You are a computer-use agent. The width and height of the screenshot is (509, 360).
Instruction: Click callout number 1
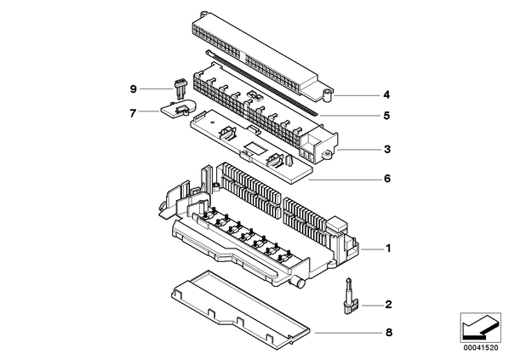point(388,249)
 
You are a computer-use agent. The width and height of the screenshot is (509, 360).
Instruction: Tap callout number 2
point(389,305)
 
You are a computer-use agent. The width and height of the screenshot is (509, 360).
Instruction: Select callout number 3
point(387,149)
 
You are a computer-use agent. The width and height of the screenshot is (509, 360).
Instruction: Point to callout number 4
point(386,94)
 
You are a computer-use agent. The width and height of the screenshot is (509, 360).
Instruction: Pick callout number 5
point(386,115)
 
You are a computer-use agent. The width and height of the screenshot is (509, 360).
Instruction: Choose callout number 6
point(387,179)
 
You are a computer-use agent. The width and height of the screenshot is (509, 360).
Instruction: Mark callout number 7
point(133,113)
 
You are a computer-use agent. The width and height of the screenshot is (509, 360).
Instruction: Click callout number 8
point(389,333)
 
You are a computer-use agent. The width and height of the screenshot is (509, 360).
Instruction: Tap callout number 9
point(133,89)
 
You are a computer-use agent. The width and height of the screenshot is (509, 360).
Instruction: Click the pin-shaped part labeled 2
point(351,296)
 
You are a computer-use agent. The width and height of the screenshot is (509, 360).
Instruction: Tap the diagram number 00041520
point(481,348)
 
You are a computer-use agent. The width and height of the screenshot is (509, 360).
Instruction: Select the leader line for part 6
point(344,180)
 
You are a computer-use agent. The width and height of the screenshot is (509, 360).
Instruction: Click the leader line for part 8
point(347,333)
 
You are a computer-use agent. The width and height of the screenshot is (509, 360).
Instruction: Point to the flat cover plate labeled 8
point(240,311)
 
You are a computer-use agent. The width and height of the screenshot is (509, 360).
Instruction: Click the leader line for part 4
point(356,95)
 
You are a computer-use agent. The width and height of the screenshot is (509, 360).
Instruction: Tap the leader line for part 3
point(359,150)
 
